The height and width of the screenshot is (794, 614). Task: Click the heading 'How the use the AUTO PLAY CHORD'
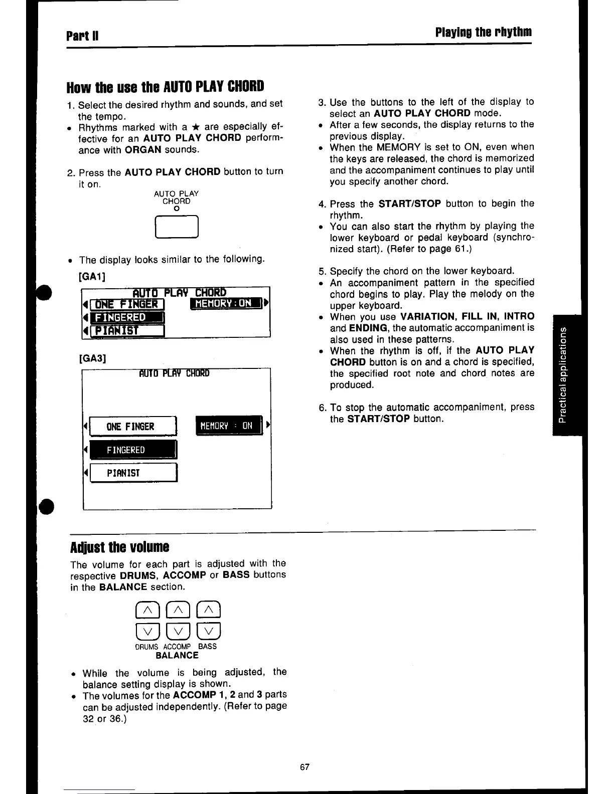165,87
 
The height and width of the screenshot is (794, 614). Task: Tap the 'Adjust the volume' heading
120,546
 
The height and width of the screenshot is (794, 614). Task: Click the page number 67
304,767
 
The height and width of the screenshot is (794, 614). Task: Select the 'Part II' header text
83,36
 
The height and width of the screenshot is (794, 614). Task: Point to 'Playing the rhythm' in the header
483,33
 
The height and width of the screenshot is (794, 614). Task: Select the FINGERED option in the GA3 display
132,450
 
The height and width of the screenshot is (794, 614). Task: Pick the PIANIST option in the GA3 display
132,473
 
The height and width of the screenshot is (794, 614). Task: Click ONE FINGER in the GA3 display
132,427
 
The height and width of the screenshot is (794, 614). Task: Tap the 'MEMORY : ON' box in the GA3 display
229,426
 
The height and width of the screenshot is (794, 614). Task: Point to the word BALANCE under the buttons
177,656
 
